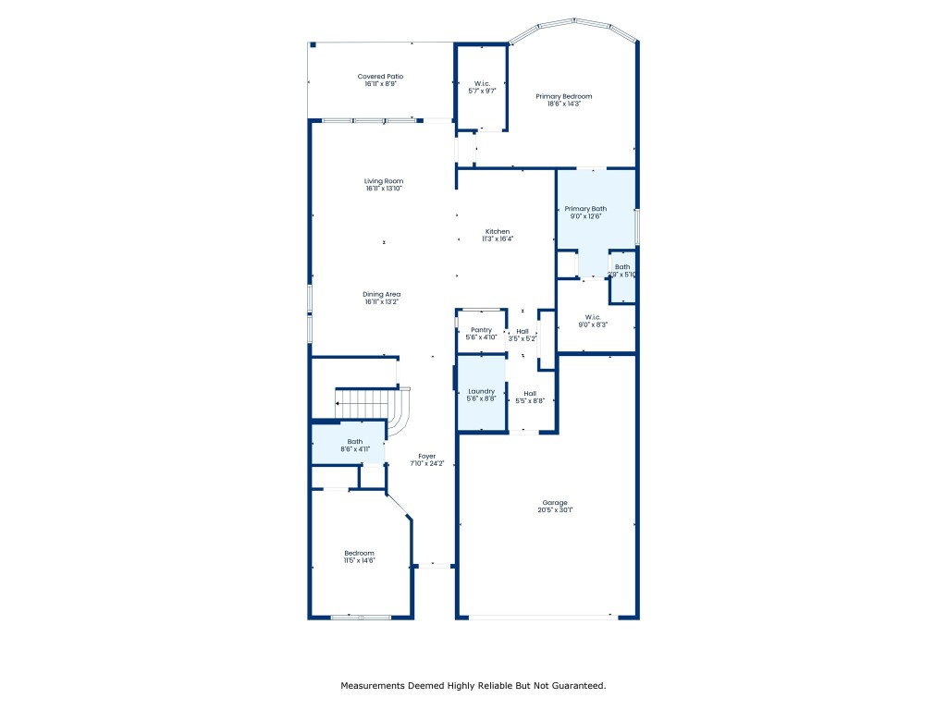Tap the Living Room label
pyautogui.click(x=383, y=181)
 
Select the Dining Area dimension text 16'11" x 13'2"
pyautogui.click(x=383, y=301)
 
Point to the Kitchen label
pyautogui.click(x=498, y=231)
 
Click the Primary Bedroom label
pyautogui.click(x=563, y=96)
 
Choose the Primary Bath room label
pyautogui.click(x=585, y=209)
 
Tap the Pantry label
pyautogui.click(x=481, y=330)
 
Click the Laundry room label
pyautogui.click(x=481, y=391)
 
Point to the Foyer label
pyautogui.click(x=426, y=456)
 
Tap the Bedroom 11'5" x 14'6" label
pyautogui.click(x=359, y=553)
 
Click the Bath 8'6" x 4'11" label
pyautogui.click(x=355, y=442)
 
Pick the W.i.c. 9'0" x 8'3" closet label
pyautogui.click(x=593, y=317)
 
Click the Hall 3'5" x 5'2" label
pyautogui.click(x=523, y=331)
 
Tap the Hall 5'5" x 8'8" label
pyautogui.click(x=530, y=393)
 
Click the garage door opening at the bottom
pyautogui.click(x=536, y=617)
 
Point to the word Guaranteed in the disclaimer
pyautogui.click(x=576, y=686)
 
